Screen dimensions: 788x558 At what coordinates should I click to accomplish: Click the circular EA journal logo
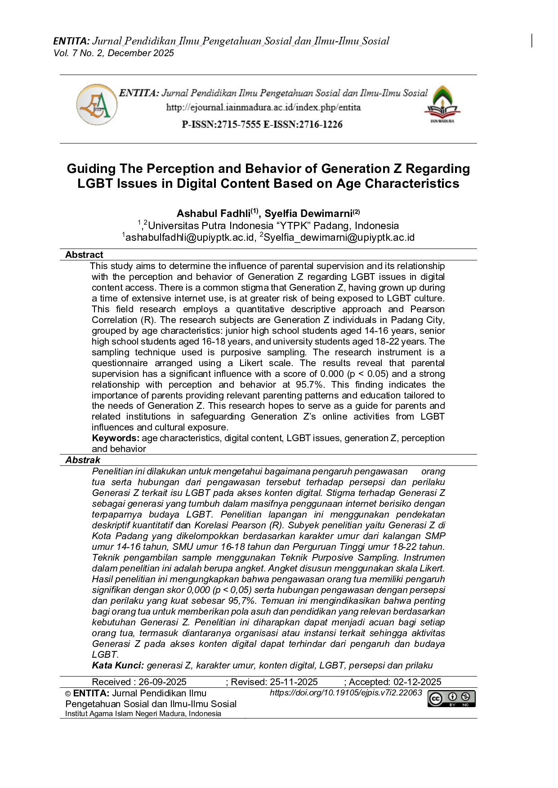point(97,105)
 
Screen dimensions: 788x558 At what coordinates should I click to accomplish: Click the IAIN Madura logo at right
point(442,104)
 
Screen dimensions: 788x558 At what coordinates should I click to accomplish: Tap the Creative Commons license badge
point(451,699)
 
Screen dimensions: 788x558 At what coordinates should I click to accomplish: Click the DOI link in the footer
point(346,693)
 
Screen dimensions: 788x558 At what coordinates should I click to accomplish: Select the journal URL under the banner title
point(263,107)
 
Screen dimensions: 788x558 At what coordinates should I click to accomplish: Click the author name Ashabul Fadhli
point(214,213)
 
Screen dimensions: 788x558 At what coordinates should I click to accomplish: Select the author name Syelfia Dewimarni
point(308,213)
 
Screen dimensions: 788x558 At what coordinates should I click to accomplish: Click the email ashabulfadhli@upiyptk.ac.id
point(190,237)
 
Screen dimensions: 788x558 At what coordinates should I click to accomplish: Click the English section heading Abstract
point(84,255)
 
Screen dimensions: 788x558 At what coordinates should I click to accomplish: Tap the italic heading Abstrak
point(83,460)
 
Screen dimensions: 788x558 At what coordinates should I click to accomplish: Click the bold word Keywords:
point(116,438)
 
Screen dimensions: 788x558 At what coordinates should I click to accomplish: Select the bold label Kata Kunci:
point(118,665)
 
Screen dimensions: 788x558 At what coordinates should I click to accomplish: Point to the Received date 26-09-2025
point(162,682)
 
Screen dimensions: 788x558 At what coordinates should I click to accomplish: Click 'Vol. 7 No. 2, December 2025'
point(114,53)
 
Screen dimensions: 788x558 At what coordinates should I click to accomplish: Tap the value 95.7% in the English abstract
point(316,385)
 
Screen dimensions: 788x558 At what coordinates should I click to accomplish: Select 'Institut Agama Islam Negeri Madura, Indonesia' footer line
point(143,714)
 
